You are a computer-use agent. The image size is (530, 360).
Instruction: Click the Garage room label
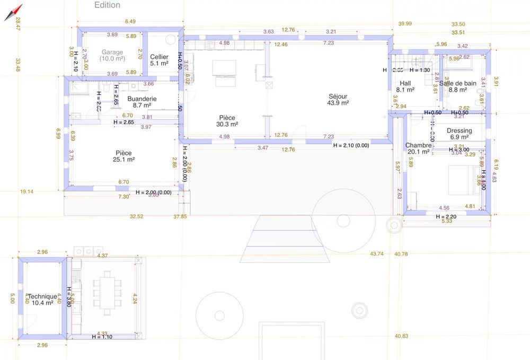tap(112, 52)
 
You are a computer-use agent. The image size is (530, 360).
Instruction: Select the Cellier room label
tap(159, 57)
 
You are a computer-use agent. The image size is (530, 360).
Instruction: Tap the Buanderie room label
tap(142, 99)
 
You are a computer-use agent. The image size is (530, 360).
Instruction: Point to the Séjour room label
tap(338, 96)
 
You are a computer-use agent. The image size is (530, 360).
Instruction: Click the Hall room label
tap(405, 83)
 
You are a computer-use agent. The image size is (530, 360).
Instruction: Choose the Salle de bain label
tap(458, 83)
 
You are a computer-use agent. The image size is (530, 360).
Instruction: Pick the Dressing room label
tap(459, 130)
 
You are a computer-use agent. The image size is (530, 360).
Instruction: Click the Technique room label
tap(42, 297)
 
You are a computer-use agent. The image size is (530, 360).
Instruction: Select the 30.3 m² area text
tap(227, 125)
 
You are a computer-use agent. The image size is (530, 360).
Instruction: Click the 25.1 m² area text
tap(123, 160)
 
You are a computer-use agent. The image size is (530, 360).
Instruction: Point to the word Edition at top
tap(107, 5)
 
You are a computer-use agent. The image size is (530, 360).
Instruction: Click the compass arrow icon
tap(13, 12)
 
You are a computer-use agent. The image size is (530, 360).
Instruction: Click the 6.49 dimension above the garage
tap(130, 22)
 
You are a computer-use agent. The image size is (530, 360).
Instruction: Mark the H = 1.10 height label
tap(102, 337)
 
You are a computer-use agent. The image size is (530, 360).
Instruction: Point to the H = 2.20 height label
tap(446, 217)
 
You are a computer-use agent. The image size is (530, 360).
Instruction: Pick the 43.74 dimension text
tap(377, 254)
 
